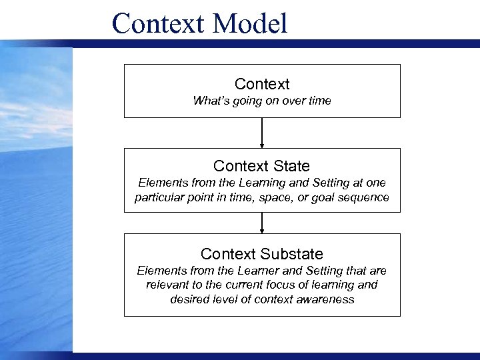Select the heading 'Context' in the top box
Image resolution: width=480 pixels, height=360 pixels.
[262, 84]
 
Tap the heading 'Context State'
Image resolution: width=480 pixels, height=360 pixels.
[262, 165]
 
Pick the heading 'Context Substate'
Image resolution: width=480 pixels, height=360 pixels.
[262, 254]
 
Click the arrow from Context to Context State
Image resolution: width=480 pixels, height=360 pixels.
[262, 133]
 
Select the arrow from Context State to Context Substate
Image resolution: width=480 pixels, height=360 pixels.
[262, 223]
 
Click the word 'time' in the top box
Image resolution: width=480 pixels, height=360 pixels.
[319, 101]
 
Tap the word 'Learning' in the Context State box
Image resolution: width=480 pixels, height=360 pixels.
[249, 183]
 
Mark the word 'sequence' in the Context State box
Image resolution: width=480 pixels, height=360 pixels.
[366, 198]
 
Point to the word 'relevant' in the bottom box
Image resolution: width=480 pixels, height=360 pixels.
[167, 285]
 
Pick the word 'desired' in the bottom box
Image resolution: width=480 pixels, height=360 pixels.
[190, 299]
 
